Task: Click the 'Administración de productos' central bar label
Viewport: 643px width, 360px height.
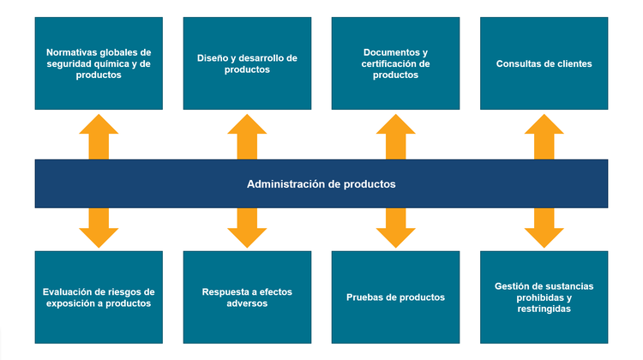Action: pos(321,183)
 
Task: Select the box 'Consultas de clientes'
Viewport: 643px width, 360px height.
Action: pos(544,63)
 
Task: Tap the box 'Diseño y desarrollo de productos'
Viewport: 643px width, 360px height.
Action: pos(247,63)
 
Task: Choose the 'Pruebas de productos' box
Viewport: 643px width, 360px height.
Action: pos(395,297)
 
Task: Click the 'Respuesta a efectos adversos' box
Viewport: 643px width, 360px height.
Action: pos(247,297)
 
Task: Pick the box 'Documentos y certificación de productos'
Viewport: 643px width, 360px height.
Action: pos(395,63)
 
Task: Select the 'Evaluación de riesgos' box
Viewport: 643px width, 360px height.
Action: pos(99,297)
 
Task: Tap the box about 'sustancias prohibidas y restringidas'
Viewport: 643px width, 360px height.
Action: pos(544,297)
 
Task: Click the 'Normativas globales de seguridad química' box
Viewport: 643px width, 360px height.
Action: pos(99,63)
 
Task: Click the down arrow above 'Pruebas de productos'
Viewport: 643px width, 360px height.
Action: pos(395,227)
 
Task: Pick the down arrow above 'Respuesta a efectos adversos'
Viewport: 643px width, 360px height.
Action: pos(247,227)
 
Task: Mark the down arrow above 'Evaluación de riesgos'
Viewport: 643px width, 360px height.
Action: pos(99,227)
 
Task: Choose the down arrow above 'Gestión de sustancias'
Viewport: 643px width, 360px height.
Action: pos(544,227)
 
